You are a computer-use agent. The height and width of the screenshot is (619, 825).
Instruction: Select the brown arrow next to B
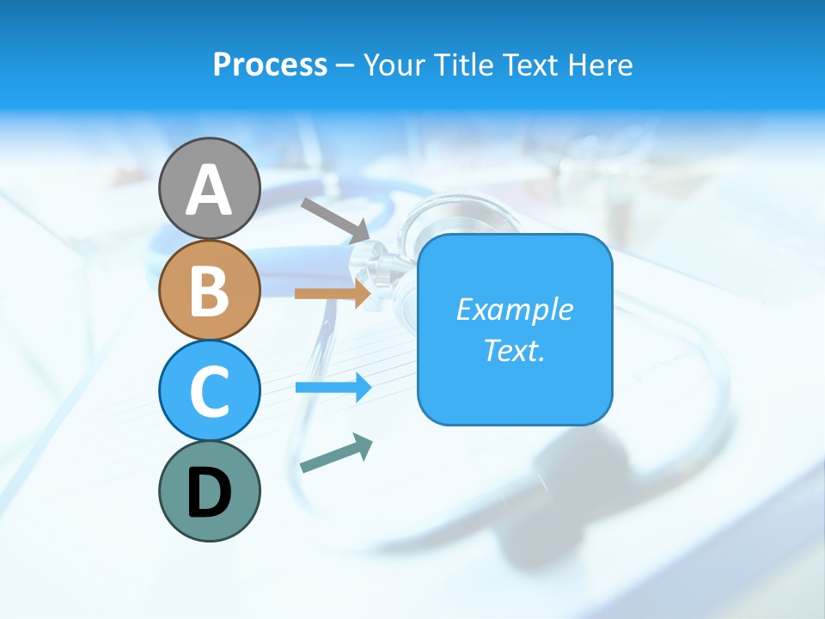333,293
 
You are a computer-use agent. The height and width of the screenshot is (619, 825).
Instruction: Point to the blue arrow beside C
333,388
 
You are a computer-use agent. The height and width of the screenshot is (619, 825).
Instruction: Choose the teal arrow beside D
336,454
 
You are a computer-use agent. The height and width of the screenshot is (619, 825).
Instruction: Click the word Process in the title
270,64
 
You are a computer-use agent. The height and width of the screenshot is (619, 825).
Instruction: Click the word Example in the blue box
514,309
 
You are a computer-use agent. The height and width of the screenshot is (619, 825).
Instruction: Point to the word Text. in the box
514,351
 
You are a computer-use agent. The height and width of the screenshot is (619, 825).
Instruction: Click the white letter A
209,190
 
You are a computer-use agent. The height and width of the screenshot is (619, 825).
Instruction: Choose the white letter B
209,291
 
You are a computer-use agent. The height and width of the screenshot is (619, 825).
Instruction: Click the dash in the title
345,65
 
